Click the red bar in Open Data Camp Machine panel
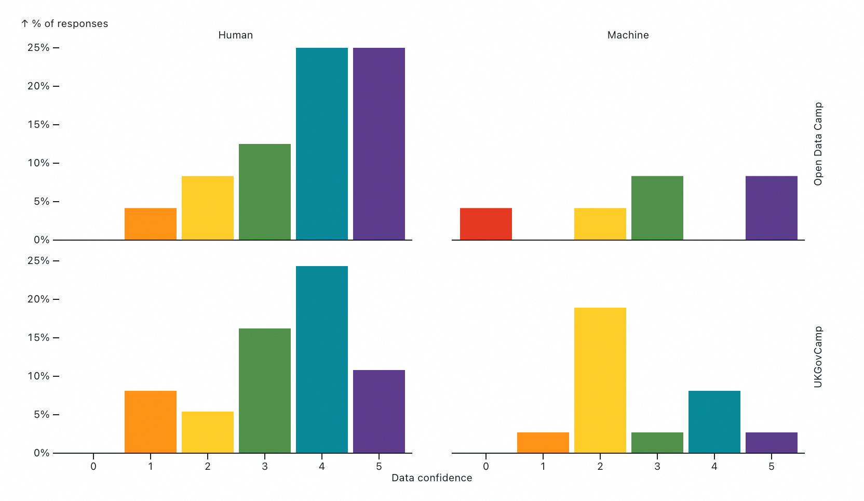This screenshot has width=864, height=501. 485,224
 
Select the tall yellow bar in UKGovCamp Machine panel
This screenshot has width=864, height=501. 600,380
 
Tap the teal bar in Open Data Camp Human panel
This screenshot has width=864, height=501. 321,144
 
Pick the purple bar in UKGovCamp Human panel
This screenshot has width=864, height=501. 379,411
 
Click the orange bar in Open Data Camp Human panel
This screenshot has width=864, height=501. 150,224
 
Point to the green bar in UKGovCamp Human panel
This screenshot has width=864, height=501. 264,390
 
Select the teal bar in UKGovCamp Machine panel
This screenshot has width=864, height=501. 714,421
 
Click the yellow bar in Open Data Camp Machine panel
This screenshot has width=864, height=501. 600,224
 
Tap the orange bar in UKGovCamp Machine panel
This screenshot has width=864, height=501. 543,442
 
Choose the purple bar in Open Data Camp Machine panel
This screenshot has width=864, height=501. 771,208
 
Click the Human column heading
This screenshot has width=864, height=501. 235,35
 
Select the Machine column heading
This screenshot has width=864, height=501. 628,35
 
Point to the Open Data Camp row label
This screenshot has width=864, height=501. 818,144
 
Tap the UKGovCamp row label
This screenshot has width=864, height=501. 818,357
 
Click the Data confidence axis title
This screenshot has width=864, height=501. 431,478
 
